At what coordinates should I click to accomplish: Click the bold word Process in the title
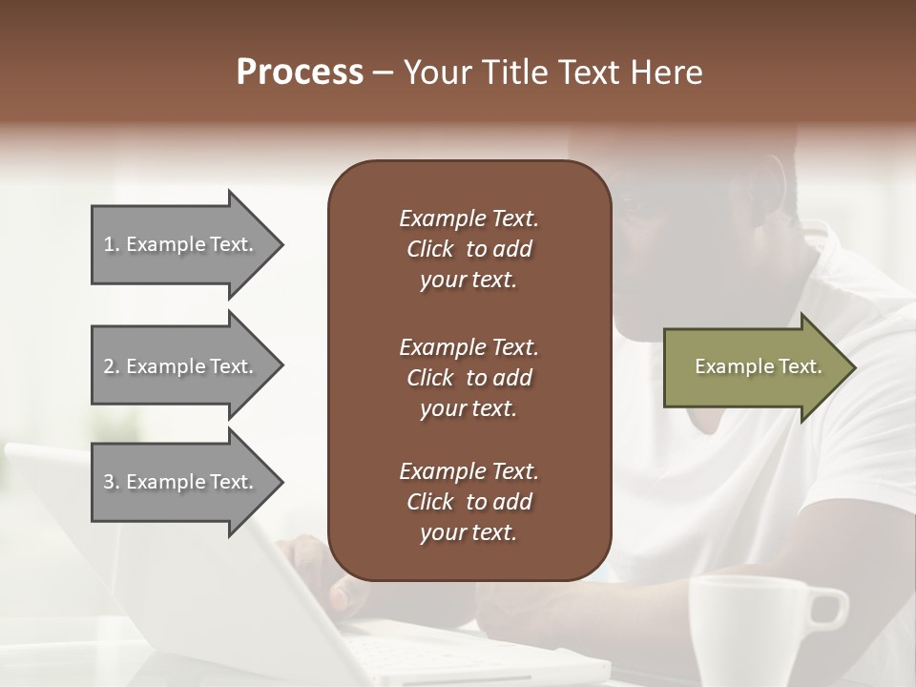(300, 73)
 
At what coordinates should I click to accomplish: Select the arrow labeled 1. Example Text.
(181, 245)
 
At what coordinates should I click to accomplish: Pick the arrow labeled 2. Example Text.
(181, 366)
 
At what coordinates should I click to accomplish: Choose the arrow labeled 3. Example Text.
(181, 482)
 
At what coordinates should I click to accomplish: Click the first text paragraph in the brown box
(468, 249)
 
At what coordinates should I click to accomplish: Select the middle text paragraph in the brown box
(468, 378)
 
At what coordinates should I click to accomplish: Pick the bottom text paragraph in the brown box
(468, 502)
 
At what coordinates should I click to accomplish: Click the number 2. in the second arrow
(112, 366)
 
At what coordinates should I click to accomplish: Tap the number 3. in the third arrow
(112, 482)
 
